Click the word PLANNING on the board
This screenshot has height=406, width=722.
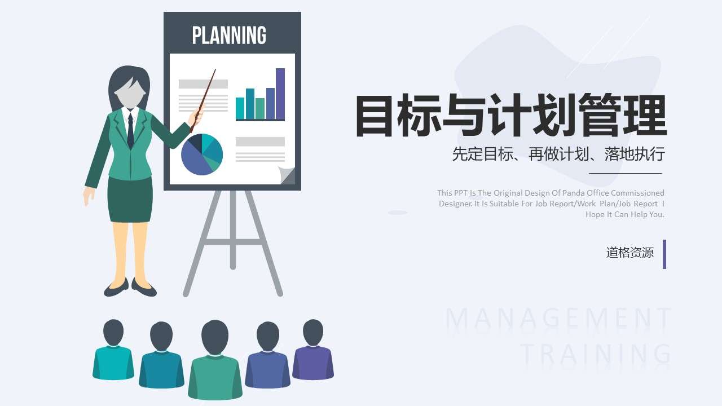click(229, 35)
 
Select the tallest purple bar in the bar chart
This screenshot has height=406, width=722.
click(280, 94)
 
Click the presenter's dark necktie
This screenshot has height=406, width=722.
click(130, 131)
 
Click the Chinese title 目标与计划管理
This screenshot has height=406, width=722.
click(510, 116)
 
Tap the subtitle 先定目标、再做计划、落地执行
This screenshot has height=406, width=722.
click(558, 153)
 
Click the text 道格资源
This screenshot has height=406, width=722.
click(629, 253)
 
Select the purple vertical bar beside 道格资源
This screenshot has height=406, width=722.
click(664, 254)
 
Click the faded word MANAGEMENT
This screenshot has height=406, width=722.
click(558, 320)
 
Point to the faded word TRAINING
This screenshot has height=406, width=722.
click(596, 354)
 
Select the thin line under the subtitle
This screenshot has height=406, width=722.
click(625, 173)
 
